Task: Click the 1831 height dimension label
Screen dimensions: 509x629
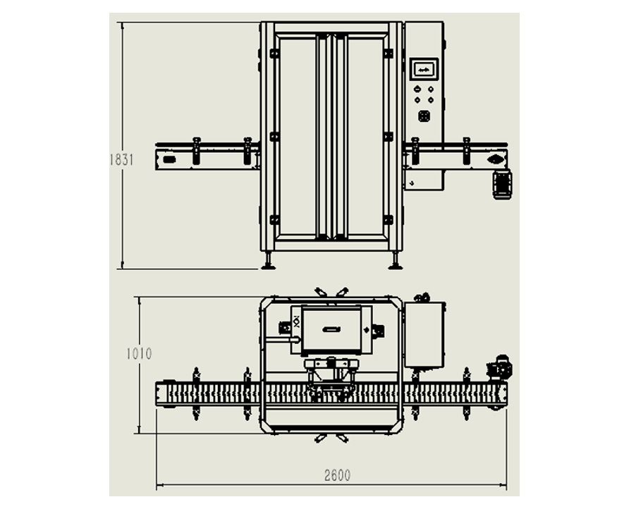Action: coord(121,159)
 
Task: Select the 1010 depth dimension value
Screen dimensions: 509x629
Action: coord(139,354)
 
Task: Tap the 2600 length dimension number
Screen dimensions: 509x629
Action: coord(337,476)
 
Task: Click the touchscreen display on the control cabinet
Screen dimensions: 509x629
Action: coord(424,70)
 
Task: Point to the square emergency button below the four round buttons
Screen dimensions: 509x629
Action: coord(424,116)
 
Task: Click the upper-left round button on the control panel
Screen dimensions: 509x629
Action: coord(417,90)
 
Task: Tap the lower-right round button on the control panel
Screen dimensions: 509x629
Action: coord(430,100)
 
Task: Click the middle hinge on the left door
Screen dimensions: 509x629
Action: coord(274,136)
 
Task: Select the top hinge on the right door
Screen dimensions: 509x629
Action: coord(388,53)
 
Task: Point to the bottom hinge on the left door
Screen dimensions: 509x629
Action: coord(274,219)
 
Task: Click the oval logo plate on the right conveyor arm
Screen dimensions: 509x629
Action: coord(496,159)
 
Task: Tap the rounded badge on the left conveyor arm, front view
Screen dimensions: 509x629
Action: coord(169,160)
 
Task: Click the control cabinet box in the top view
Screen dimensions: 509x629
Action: coord(425,334)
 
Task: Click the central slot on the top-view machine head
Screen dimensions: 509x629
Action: coord(331,329)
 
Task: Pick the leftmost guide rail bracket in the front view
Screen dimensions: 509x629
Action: coord(196,151)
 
